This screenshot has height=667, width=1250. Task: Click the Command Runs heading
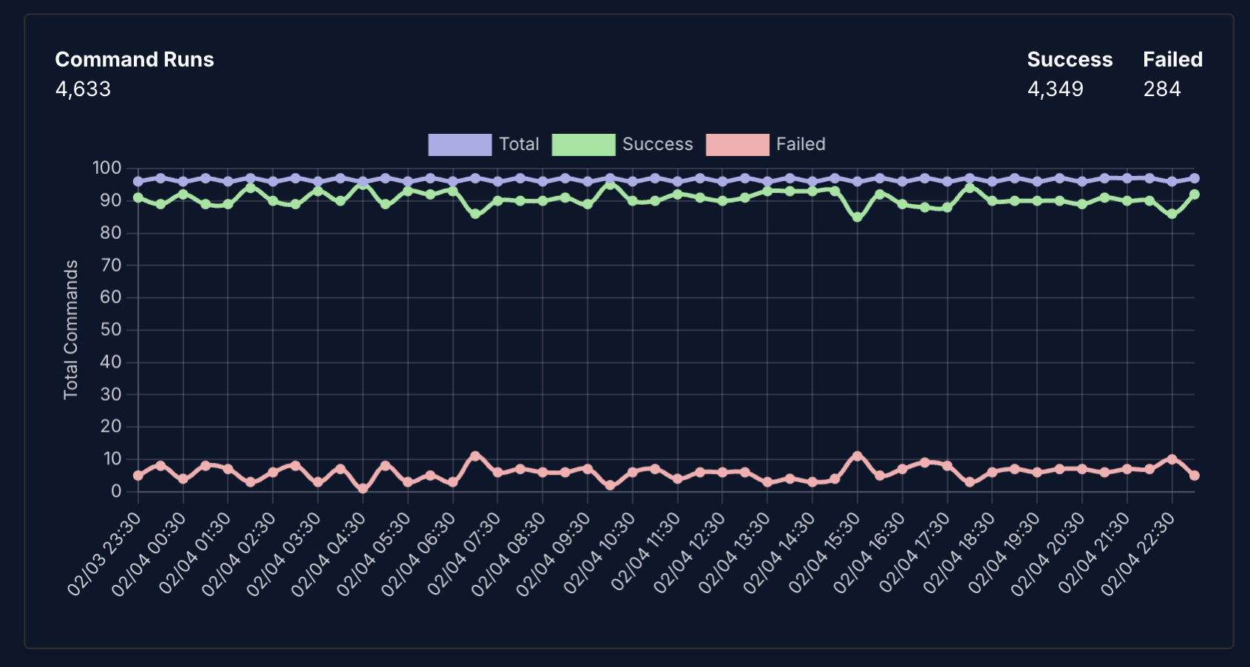(134, 60)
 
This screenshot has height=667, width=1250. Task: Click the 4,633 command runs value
(83, 89)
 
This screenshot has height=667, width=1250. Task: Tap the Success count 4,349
(1055, 89)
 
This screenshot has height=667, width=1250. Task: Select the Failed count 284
(1161, 89)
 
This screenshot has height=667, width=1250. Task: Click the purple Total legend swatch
(459, 145)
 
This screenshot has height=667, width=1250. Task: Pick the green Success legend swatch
(584, 145)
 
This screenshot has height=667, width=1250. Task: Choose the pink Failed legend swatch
(737, 145)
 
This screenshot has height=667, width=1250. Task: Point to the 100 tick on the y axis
(107, 168)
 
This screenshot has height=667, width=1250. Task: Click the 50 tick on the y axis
(111, 330)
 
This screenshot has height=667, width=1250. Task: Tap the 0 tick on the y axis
(116, 492)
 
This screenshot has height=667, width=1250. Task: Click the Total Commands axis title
(71, 330)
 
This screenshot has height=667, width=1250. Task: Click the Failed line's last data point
(1195, 475)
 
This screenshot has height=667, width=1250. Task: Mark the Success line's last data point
(1195, 194)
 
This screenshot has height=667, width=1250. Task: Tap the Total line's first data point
(138, 181)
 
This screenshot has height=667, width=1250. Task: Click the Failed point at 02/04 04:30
(363, 489)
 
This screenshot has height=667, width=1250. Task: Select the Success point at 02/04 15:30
(857, 217)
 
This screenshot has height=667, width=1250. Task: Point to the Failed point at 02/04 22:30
(1172, 459)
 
